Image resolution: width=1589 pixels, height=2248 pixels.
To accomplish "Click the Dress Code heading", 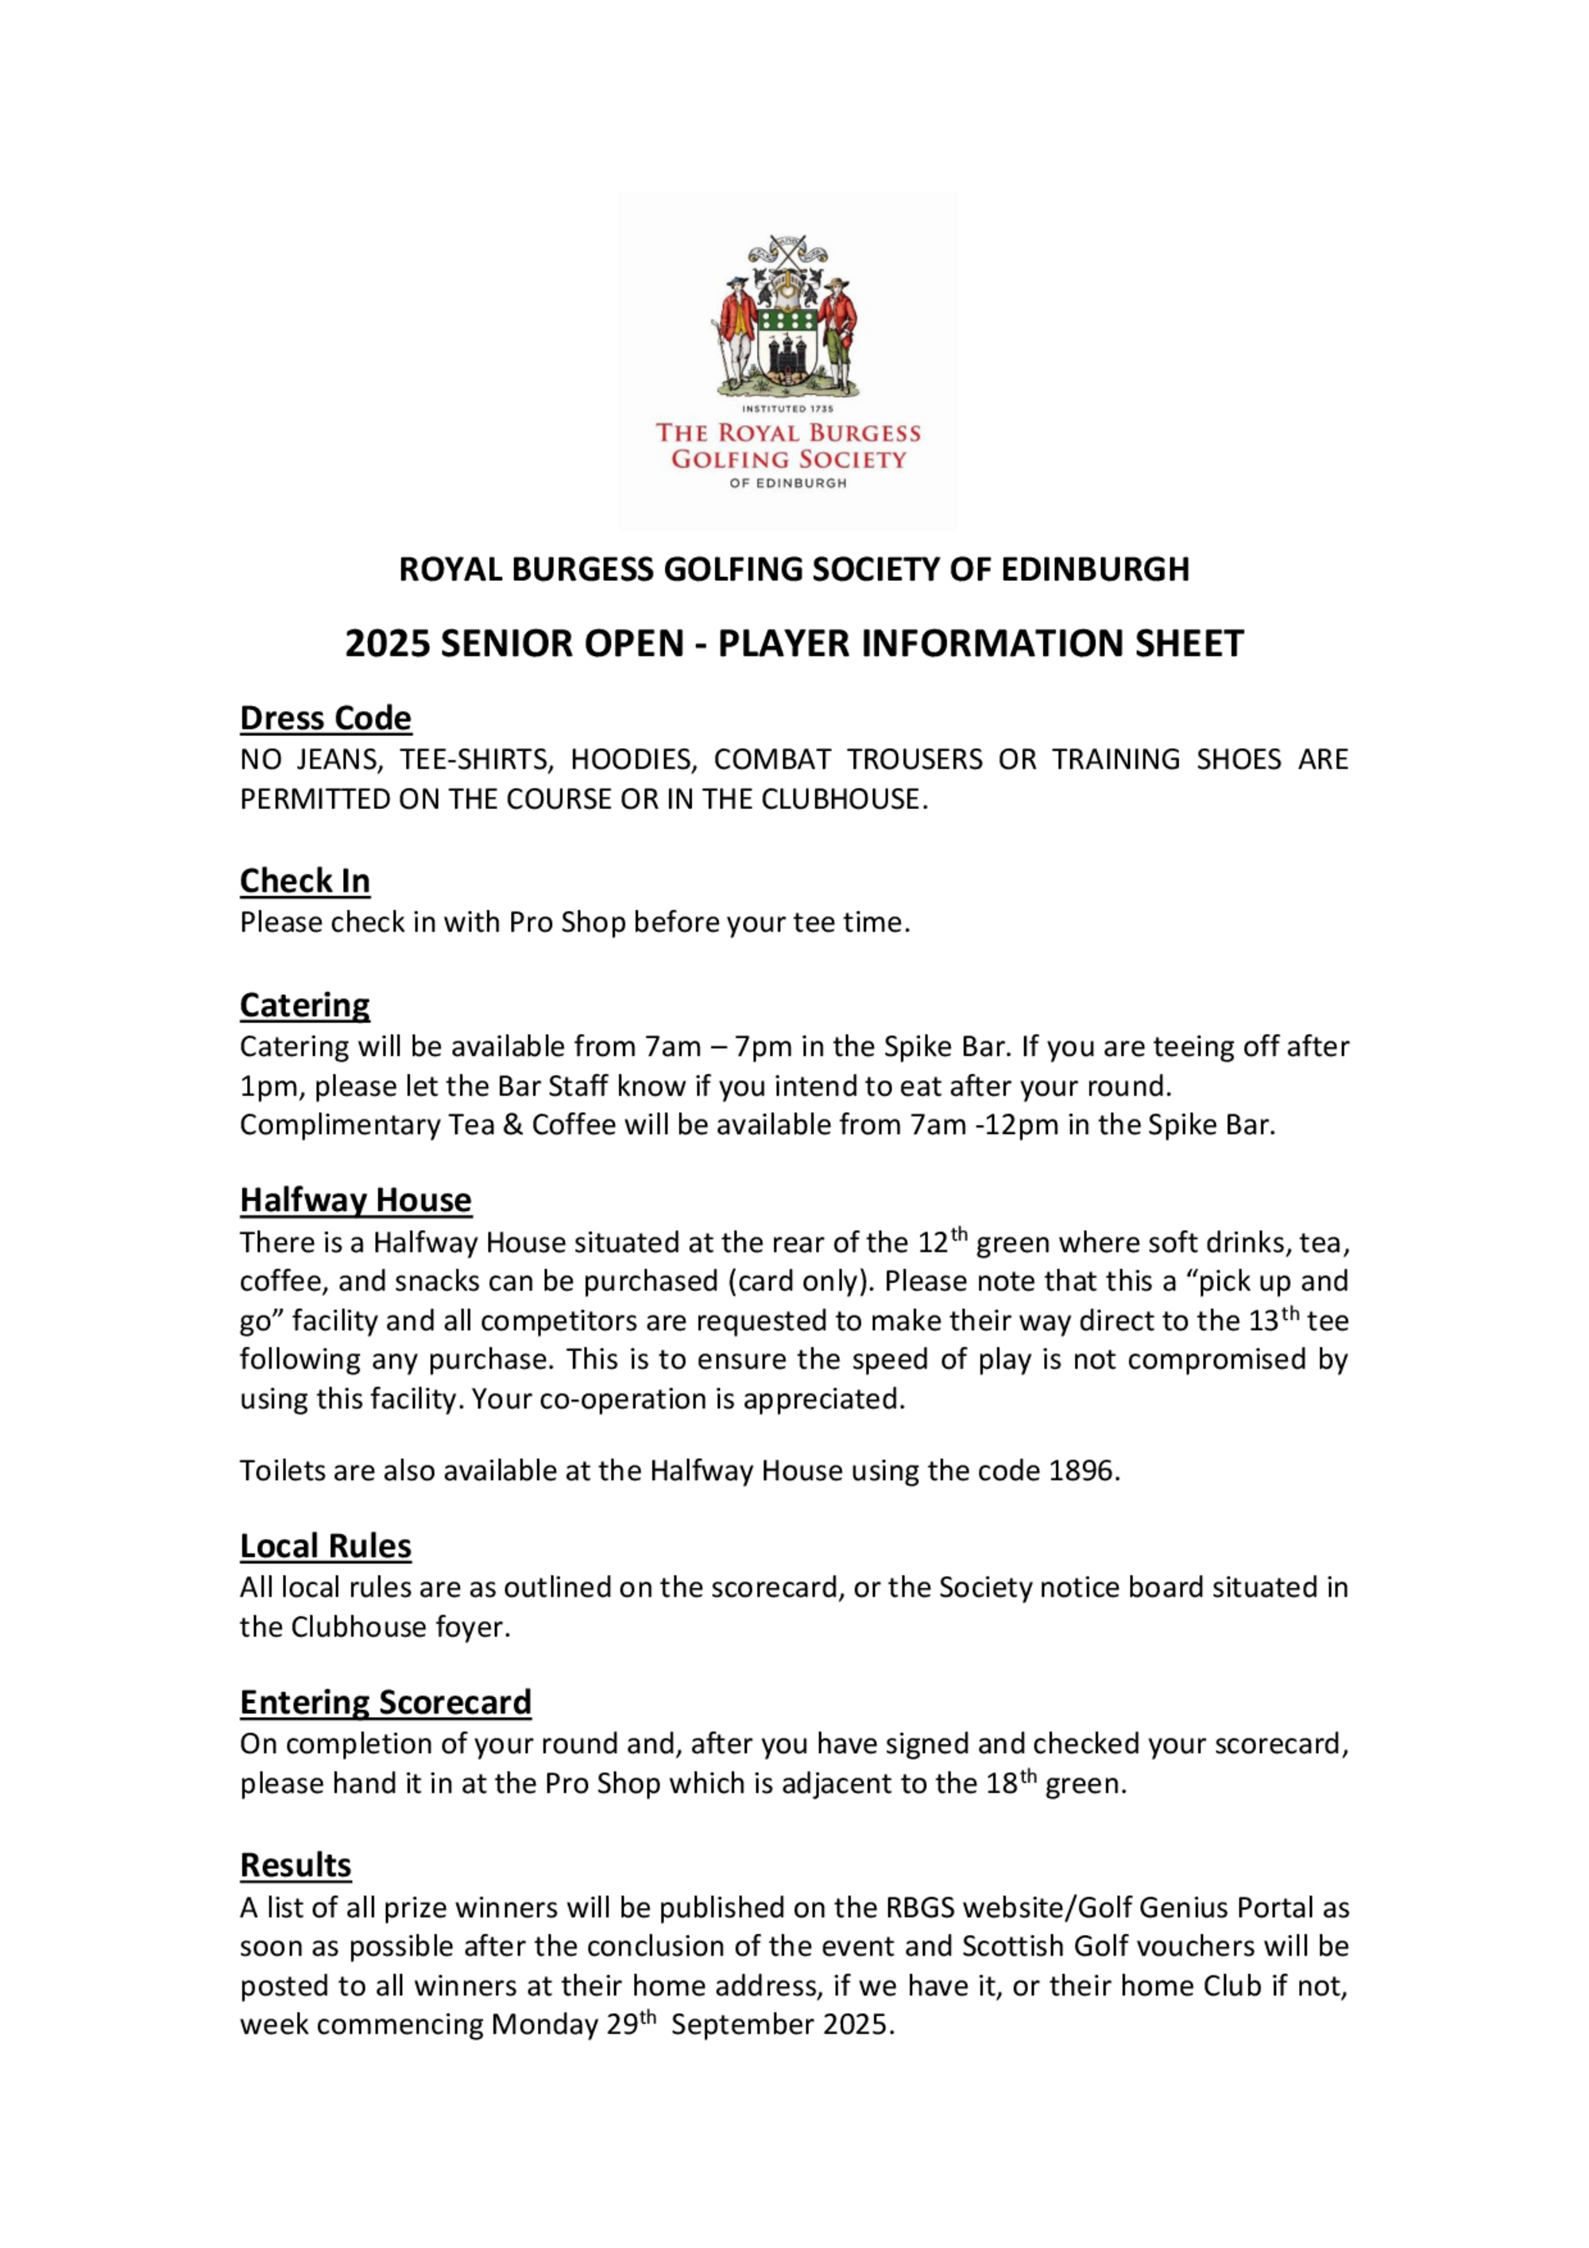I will pos(325,718).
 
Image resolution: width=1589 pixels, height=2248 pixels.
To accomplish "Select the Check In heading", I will pos(304,880).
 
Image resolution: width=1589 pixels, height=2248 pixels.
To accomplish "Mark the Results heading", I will pos(295,1865).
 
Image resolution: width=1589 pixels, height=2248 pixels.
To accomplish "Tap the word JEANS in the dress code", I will pos(338,760).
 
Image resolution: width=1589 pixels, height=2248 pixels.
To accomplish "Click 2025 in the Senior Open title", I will pos(388,644).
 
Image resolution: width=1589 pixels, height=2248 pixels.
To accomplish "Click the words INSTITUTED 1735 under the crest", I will pos(787,408).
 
